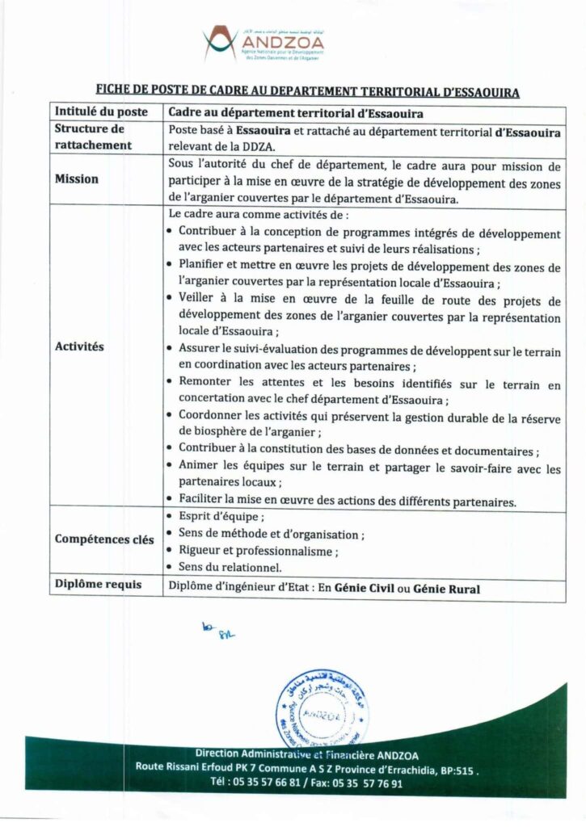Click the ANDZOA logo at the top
(x=263, y=44)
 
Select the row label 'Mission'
(x=77, y=179)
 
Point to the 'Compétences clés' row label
(x=104, y=539)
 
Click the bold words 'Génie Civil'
(x=364, y=589)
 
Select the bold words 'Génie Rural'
(x=446, y=589)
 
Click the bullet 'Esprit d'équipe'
(x=221, y=517)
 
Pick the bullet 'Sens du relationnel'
(x=230, y=568)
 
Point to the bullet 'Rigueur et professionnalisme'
(x=258, y=551)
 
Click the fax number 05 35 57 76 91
(x=362, y=783)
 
